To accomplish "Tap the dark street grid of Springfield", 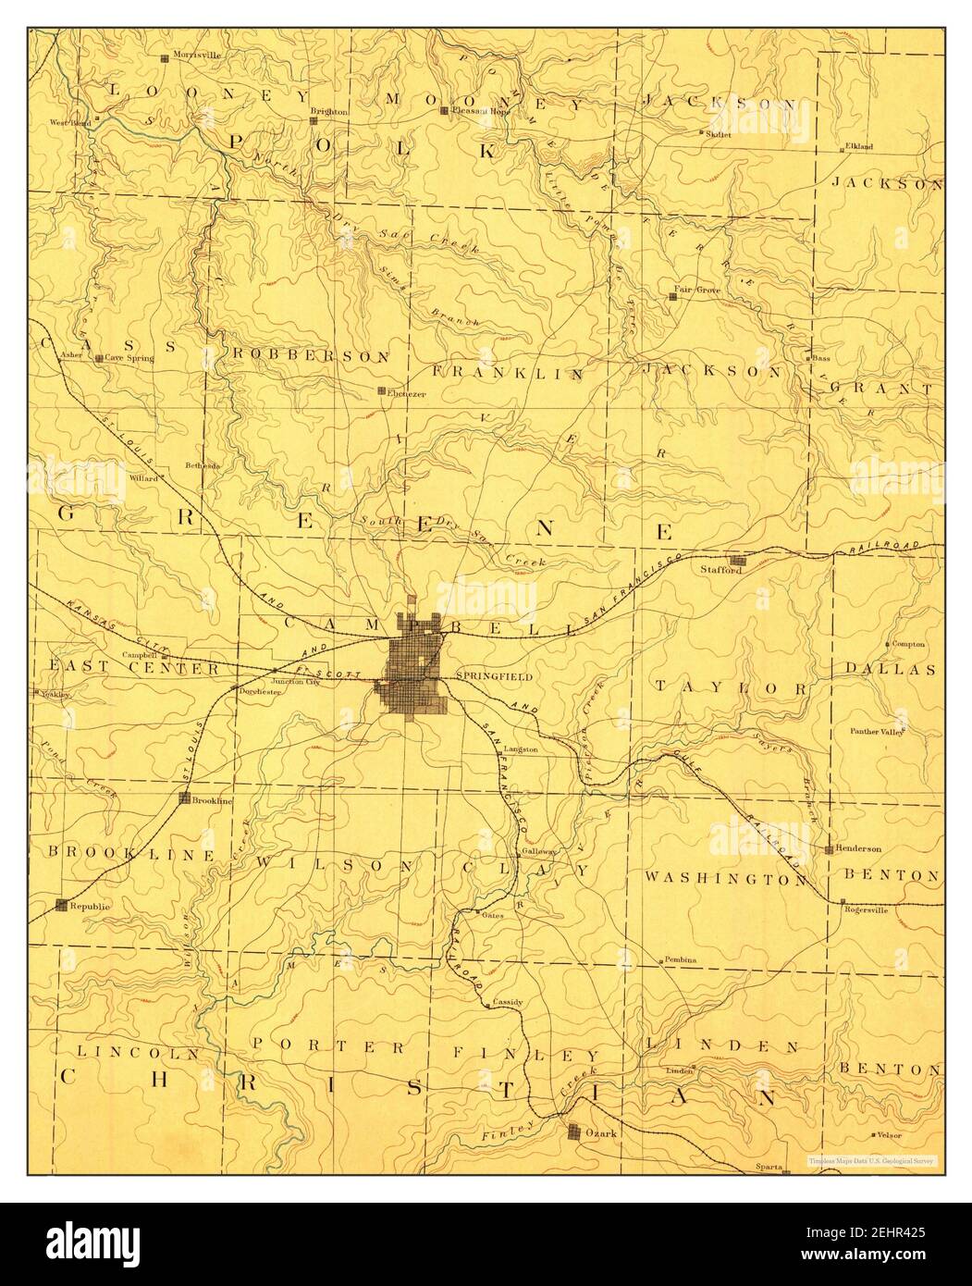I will click(412, 671).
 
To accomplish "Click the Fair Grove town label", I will click(701, 290).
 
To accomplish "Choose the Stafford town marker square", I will click(737, 561).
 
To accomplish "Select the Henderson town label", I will click(859, 848).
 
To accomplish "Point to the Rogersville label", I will click(866, 908).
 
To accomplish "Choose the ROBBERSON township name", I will click(311, 355).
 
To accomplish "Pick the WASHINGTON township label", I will click(726, 877).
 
